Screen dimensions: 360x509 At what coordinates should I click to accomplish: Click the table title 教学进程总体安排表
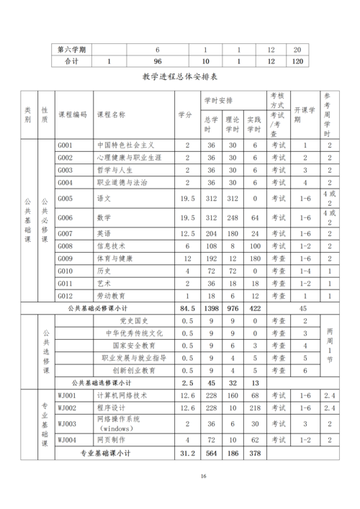(180, 77)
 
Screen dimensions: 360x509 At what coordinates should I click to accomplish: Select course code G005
(66, 197)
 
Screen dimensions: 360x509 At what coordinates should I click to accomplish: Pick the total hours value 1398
(211, 307)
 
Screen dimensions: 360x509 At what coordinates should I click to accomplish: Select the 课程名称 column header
(111, 114)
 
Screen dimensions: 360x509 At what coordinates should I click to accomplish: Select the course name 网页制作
(111, 439)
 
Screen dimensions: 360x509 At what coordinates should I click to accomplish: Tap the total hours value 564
(211, 453)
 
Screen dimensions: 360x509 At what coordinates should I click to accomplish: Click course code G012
(66, 295)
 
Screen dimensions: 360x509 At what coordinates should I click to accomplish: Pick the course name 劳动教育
(111, 295)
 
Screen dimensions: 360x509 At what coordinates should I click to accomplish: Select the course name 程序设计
(111, 407)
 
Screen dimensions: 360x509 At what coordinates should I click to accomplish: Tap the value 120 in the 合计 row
(297, 62)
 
